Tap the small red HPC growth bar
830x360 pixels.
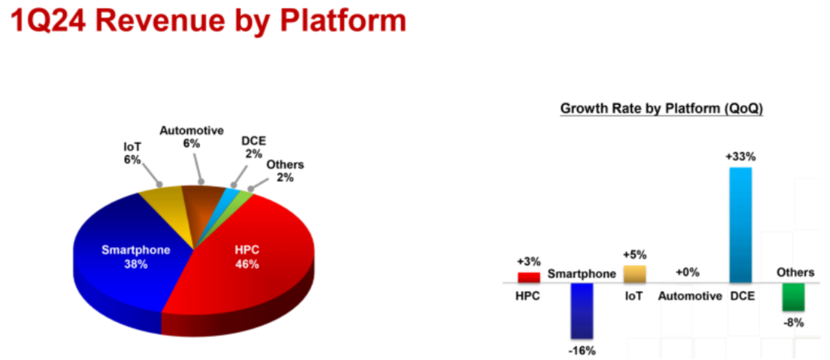point(528,277)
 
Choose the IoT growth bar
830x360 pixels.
point(634,274)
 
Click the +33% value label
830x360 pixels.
point(741,156)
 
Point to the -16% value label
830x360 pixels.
point(582,351)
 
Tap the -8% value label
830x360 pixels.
point(794,322)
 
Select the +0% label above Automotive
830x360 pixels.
point(688,272)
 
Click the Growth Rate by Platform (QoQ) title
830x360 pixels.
point(661,109)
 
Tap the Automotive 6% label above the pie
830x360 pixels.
point(192,137)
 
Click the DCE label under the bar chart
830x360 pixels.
point(742,296)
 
